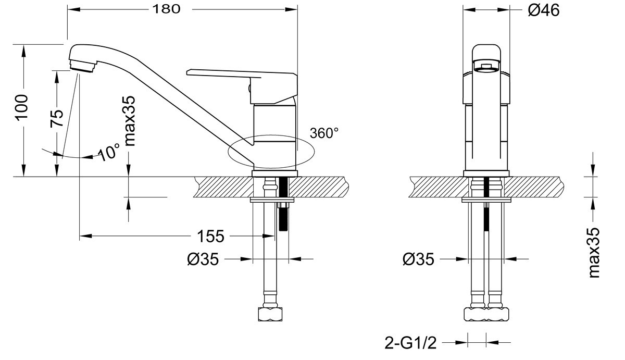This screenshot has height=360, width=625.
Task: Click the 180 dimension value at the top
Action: pyautogui.click(x=167, y=9)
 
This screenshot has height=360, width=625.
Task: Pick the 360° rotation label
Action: pyautogui.click(x=324, y=133)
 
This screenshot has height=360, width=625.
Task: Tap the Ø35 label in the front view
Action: pyautogui.click(x=418, y=259)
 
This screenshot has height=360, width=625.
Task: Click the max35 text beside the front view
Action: pyautogui.click(x=594, y=252)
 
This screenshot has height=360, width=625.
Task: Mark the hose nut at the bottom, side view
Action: pyautogui.click(x=271, y=315)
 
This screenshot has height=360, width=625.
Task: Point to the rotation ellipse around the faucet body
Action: pyautogui.click(x=271, y=152)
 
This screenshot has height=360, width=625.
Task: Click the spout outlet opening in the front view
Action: pyautogui.click(x=486, y=65)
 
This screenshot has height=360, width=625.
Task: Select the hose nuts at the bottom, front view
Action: pyautogui.click(x=486, y=315)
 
